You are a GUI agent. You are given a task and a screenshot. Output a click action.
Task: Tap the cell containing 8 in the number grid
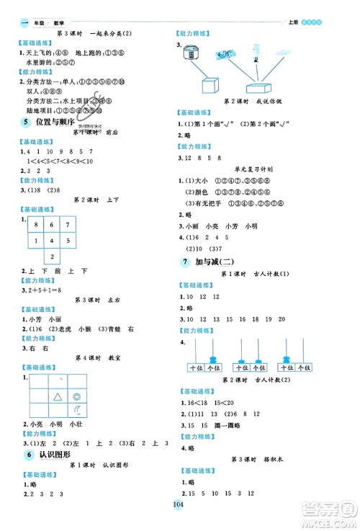[32, 226]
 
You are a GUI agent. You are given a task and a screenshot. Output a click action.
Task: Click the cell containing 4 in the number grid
[32, 241]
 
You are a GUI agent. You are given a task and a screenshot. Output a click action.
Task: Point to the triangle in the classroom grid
[58, 396]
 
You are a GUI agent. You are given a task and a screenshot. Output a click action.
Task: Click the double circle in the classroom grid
[77, 396]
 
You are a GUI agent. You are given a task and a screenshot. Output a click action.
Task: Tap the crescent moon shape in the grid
[77, 411]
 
